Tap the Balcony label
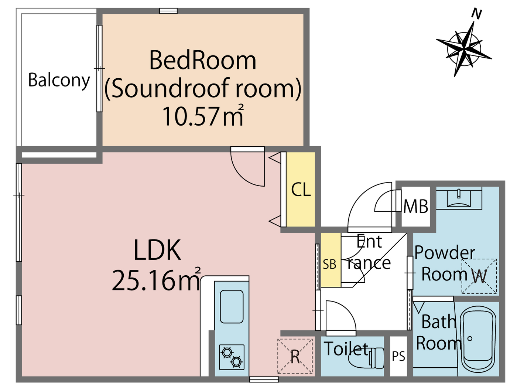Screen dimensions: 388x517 (59, 80)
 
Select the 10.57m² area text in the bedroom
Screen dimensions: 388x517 (202, 116)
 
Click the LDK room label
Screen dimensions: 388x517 (157, 250)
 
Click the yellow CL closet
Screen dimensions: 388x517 (301, 190)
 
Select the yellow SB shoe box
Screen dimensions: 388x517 (330, 260)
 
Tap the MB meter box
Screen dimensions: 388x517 (416, 207)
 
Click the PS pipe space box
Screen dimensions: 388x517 (398, 356)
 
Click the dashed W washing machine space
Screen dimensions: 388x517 (479, 276)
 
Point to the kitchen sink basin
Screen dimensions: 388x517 (232, 306)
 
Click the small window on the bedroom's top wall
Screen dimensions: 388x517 (168, 11)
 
